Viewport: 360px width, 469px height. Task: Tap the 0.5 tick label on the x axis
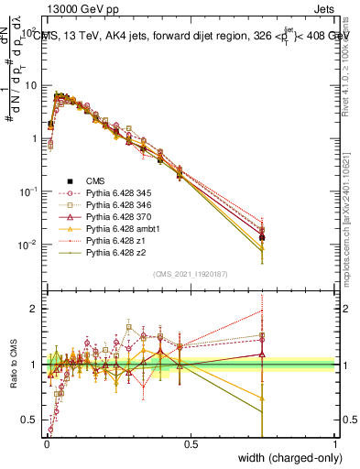coord(191,443)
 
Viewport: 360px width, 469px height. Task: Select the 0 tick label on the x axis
coord(46,443)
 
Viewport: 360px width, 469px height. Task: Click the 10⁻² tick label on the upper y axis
coord(29,245)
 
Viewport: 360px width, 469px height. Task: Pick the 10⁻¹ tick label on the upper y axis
coord(29,191)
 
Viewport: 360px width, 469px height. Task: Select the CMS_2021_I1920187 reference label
coord(191,274)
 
